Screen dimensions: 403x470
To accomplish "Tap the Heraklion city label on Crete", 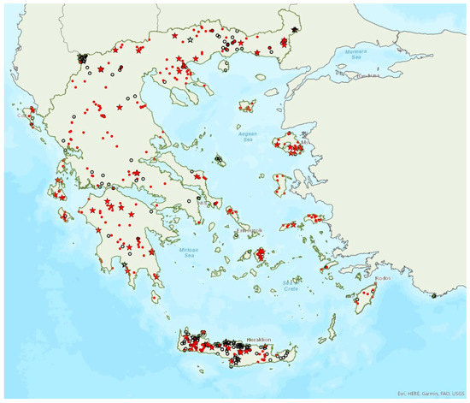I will click(x=258, y=340).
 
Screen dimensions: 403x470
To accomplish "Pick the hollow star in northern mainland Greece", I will click(x=190, y=53).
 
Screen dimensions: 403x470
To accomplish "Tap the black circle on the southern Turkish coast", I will click(x=435, y=296).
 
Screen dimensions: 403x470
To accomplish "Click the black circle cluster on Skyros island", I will click(x=220, y=159).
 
